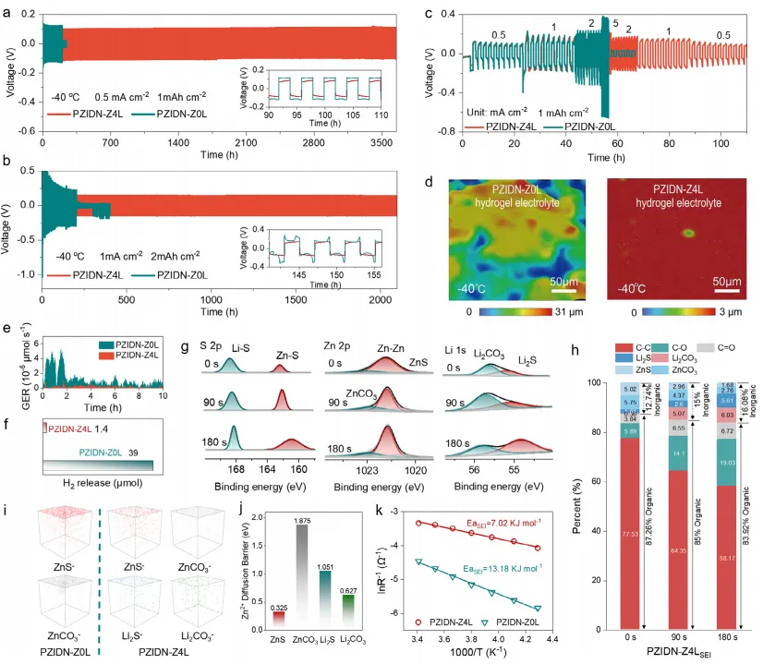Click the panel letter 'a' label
7,10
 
